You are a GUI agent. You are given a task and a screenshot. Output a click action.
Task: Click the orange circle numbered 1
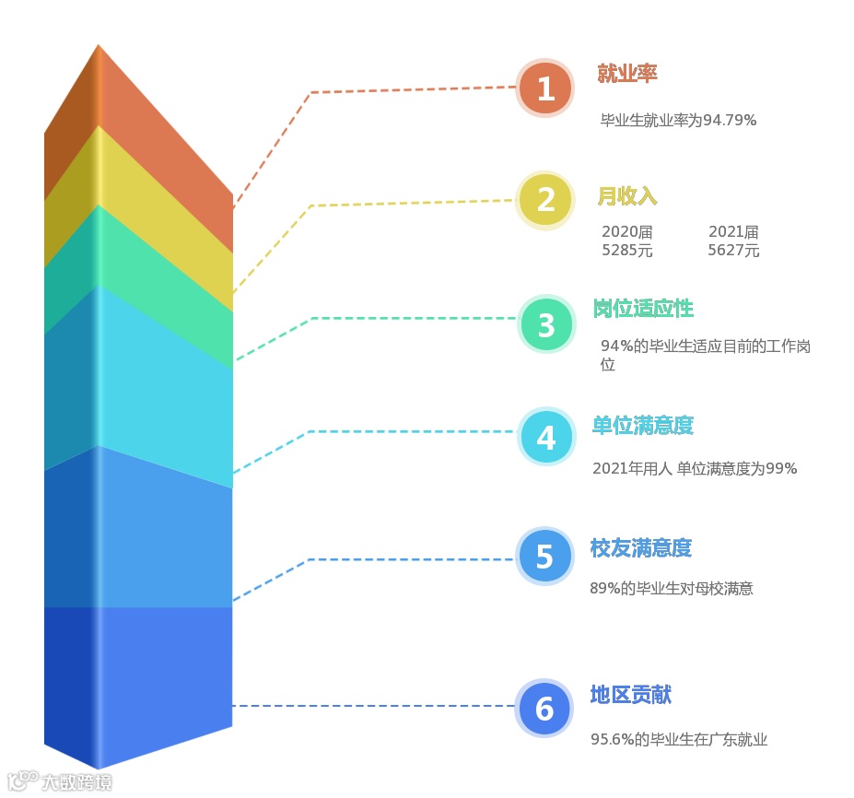546,89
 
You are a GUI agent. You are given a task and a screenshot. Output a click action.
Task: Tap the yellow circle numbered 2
546,200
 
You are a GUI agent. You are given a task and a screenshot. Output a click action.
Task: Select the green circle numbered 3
546,325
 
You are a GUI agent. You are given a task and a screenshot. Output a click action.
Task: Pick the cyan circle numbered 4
546,437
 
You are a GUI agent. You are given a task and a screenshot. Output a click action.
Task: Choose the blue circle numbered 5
544,557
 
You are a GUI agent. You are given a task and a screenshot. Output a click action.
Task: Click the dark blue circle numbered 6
544,709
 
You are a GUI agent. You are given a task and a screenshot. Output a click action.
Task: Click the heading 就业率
627,74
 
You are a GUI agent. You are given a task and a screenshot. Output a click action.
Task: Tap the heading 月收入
627,196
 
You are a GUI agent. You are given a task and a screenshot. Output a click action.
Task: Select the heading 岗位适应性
643,308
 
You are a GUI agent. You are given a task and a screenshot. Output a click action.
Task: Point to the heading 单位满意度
642,425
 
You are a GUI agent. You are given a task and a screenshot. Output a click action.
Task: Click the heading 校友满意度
640,548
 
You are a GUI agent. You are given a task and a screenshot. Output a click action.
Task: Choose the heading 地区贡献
631,695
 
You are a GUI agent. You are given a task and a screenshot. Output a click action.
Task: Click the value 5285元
627,251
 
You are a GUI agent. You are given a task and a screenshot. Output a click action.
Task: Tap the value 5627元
733,251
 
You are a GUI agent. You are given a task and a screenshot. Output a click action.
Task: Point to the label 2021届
733,232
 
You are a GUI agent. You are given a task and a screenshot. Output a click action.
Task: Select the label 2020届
627,232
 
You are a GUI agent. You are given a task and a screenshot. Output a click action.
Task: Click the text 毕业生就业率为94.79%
678,120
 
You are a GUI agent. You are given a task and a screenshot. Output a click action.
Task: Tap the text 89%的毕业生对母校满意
672,588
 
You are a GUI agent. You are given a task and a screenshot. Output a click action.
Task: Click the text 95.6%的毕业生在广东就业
679,739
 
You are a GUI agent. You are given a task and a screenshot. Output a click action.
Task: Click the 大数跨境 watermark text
76,783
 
